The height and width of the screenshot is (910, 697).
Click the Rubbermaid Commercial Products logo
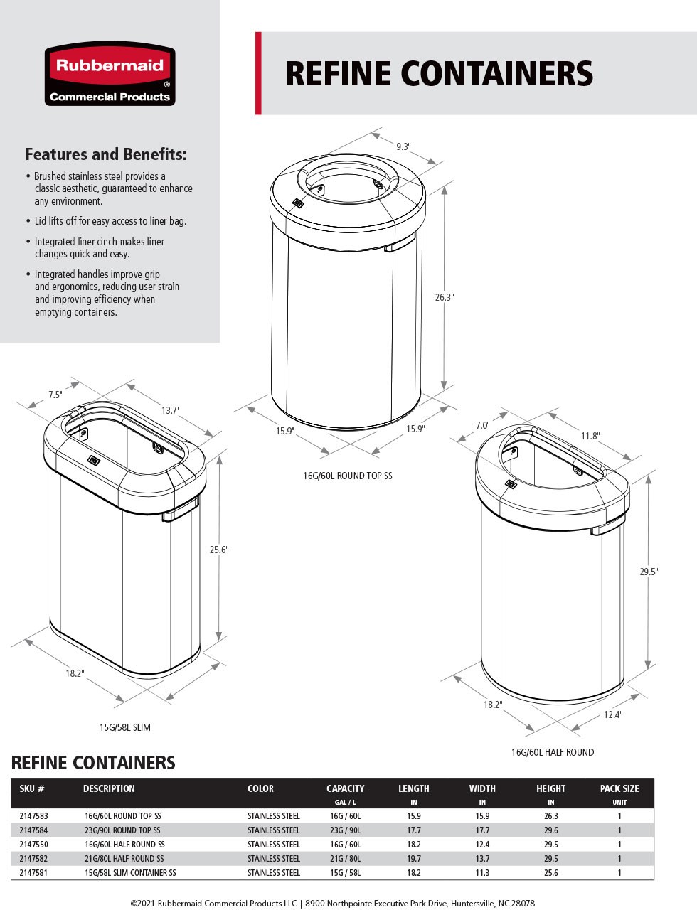point(110,74)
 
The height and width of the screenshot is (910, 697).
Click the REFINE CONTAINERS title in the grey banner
point(439,74)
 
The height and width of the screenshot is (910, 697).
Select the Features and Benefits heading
point(106,154)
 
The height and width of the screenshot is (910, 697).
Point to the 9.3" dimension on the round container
point(403,146)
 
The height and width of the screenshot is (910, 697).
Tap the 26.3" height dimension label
point(445,297)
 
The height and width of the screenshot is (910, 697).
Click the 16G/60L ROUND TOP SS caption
point(347,476)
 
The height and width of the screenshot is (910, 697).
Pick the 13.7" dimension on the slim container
point(170,410)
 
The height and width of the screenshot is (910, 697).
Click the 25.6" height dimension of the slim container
point(219,550)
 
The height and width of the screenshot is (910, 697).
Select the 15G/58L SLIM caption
point(124,727)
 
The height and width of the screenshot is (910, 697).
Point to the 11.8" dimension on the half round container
point(590,436)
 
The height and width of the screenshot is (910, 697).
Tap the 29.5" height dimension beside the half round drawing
point(649,572)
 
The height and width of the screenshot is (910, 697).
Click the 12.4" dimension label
point(612,714)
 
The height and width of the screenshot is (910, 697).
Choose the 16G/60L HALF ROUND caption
point(552,752)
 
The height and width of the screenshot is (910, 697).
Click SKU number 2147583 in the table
point(33,816)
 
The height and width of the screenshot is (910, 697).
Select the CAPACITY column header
point(345,788)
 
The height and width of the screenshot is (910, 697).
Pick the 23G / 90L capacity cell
point(345,830)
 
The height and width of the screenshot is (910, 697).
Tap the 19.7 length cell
point(413,859)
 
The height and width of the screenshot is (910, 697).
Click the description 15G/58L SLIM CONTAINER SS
point(130,873)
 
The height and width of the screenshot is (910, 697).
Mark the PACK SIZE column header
point(619,788)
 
